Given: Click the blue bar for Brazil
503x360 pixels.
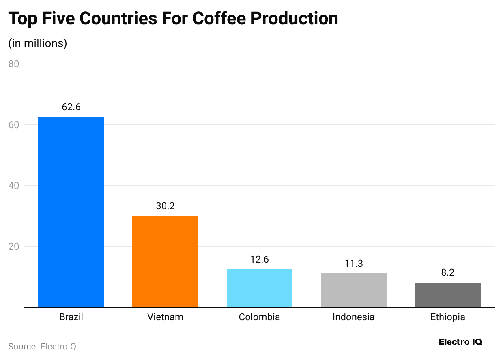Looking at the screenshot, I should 71,212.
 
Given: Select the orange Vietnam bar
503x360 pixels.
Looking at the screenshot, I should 165,261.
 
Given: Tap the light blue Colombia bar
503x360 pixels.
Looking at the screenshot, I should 259,288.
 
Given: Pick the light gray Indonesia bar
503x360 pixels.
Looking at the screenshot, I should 353,290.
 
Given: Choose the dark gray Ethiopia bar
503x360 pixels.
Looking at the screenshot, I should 447,295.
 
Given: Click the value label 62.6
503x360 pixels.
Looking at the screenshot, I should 71,107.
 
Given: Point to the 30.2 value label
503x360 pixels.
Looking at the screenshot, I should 165,206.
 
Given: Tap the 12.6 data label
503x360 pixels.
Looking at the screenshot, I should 259,259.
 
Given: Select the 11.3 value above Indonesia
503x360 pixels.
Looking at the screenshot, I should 353,264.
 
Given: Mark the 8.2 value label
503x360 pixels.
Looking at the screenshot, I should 447,272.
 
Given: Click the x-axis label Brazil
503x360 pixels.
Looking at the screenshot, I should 71,317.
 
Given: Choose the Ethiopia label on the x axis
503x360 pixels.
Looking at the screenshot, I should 447,317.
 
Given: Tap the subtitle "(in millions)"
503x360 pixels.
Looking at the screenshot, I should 38,43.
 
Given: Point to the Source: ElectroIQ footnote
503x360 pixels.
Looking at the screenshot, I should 42,347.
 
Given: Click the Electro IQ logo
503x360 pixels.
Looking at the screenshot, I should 460,342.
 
